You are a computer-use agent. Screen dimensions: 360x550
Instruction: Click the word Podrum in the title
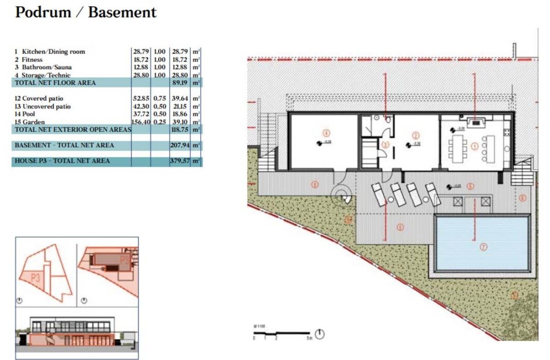pyautogui.click(x=43, y=12)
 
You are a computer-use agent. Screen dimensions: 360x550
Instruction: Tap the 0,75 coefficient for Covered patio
pyautogui.click(x=159, y=99)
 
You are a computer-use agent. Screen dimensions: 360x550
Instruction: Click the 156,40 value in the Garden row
pyautogui.click(x=141, y=122)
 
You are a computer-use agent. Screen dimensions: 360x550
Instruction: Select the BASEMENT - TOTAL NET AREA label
pyautogui.click(x=64, y=145)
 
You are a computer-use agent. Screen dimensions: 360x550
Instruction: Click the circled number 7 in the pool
pyautogui.click(x=483, y=247)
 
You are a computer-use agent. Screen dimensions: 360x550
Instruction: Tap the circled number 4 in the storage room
pyautogui.click(x=326, y=133)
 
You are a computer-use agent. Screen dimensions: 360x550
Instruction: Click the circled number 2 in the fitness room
pyautogui.click(x=416, y=135)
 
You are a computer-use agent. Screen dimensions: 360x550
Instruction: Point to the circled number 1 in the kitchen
pyautogui.click(x=474, y=146)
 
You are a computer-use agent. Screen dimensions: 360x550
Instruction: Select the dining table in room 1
pyautogui.click(x=458, y=149)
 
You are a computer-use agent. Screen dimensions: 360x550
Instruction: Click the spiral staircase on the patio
pyautogui.click(x=341, y=195)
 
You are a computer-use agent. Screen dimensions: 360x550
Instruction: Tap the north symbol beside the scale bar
pyautogui.click(x=320, y=334)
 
